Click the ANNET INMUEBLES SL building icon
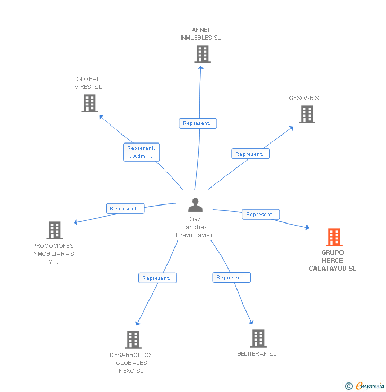coord(202,54)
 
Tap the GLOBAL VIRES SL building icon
coord(89,103)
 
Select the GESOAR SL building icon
coord(306,114)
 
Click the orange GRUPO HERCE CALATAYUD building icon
coord(334,237)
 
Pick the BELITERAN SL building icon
coord(258,338)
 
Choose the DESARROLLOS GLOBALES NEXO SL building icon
coord(133,340)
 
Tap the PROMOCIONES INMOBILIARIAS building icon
coord(54,230)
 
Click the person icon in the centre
coord(195,204)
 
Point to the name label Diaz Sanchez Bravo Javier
coord(194,227)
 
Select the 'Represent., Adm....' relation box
coord(141,152)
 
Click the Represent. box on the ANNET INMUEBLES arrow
coord(197,123)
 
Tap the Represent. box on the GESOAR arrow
coord(250,154)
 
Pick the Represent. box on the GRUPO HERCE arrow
coord(260,215)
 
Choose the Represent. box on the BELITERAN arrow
coord(231,278)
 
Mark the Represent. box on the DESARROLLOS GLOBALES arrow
coord(157,278)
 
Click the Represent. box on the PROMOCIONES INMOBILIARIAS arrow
coord(125,209)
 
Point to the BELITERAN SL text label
coord(257,354)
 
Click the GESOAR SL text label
coord(305,98)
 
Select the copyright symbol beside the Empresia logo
coord(349,386)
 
